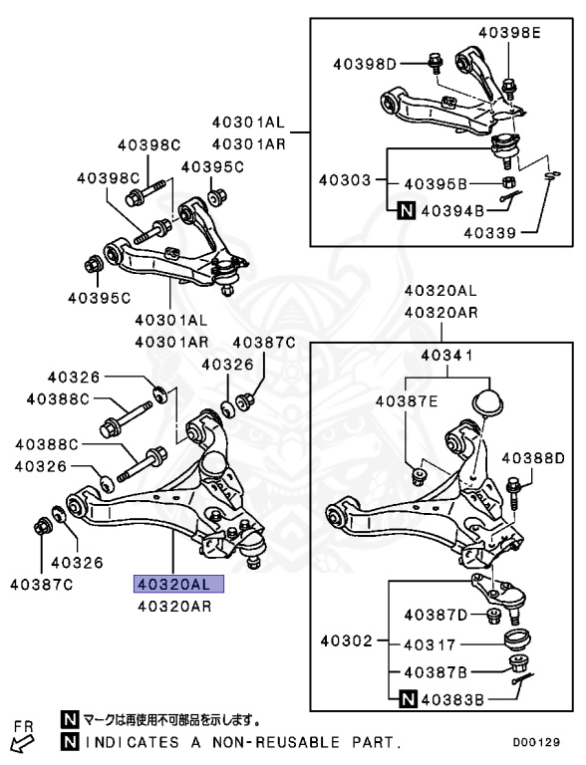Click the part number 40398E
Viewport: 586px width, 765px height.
click(x=508, y=33)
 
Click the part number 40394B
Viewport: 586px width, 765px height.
click(x=451, y=210)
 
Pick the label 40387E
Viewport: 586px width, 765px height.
click(x=406, y=401)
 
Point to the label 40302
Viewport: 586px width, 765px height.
click(x=345, y=640)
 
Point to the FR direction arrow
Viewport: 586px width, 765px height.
click(x=20, y=741)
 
